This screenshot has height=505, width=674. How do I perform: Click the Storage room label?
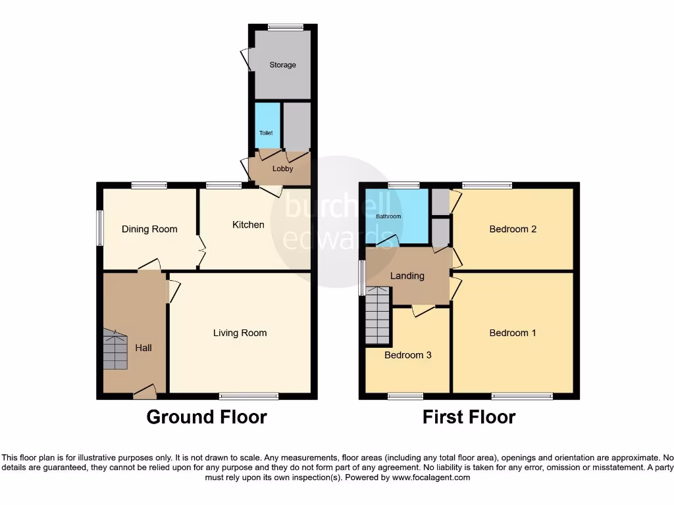tap(282, 65)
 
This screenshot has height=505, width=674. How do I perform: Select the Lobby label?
tap(283, 169)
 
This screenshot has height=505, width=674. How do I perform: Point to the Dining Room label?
tap(149, 229)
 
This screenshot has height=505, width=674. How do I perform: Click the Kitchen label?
tap(248, 225)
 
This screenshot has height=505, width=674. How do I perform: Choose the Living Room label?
tap(240, 333)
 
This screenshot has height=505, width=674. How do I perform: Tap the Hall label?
tap(143, 347)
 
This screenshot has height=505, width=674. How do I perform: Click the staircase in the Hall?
tap(115, 350)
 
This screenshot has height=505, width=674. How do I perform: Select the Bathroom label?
tap(388, 216)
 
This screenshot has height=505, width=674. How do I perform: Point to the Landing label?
tap(407, 276)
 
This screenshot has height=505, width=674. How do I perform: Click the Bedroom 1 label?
tap(513, 333)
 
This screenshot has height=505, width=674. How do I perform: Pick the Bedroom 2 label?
tap(513, 229)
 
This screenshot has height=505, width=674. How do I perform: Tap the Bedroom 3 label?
tap(408, 355)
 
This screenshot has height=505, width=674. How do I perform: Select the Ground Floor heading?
tap(206, 417)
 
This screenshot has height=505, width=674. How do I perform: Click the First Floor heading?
tap(469, 417)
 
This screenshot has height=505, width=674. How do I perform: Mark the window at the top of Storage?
tap(286, 28)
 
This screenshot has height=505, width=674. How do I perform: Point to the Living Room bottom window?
tap(249, 396)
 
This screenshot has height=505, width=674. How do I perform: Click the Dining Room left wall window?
tap(100, 228)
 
